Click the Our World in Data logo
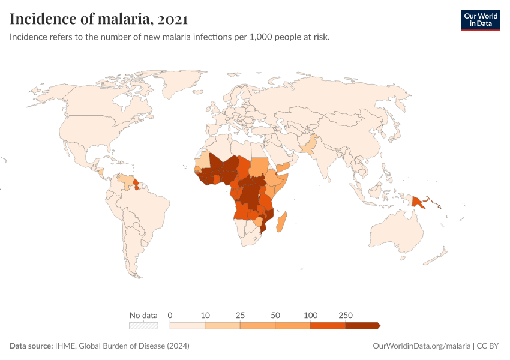480,20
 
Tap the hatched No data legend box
144,325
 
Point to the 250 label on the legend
345,315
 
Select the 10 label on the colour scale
205,315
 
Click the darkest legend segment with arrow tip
362,325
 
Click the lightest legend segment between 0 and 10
188,325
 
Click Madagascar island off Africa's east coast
280,220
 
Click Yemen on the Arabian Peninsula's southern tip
285,165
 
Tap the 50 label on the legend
275,315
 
